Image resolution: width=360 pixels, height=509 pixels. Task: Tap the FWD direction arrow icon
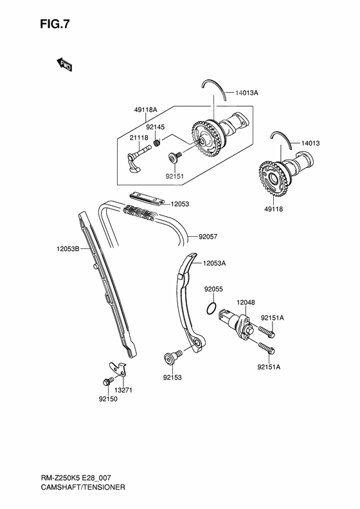click(64, 64)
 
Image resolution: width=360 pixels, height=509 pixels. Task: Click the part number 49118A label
click(145, 110)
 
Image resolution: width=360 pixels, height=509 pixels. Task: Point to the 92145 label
click(155, 127)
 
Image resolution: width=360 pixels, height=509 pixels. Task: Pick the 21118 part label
click(139, 138)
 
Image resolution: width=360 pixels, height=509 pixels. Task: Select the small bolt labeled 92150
click(105, 382)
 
